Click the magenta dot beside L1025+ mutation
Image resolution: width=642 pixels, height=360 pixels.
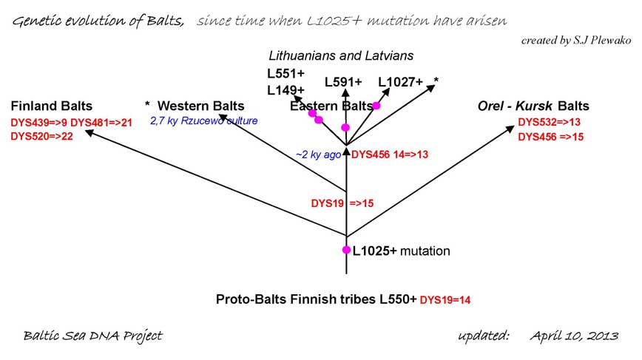(x=346, y=250)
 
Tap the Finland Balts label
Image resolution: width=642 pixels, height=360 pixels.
(x=52, y=106)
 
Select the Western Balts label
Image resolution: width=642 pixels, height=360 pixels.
(x=201, y=106)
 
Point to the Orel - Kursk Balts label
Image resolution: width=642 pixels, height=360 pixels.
(x=533, y=106)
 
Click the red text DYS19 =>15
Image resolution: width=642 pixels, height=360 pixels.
(x=342, y=203)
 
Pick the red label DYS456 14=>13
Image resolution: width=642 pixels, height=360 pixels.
(x=390, y=154)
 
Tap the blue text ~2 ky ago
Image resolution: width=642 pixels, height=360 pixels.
(x=319, y=154)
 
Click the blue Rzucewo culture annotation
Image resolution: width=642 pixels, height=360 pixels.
(x=204, y=120)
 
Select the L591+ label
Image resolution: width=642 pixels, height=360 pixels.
(x=343, y=82)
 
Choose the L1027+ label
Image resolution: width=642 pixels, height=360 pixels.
(x=400, y=82)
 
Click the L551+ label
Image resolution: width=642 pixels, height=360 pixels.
(x=285, y=74)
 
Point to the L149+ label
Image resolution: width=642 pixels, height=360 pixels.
(x=285, y=90)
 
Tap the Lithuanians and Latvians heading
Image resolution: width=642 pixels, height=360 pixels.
(x=341, y=55)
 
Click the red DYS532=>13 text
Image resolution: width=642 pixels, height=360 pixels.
(x=549, y=122)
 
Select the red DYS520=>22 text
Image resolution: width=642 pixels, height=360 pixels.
(x=41, y=136)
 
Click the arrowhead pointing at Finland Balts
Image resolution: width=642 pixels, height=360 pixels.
(x=89, y=132)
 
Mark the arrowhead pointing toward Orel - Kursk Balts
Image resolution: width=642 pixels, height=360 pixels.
(x=510, y=129)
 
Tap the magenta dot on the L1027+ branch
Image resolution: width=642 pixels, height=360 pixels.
(x=376, y=106)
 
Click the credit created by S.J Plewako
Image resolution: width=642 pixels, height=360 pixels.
(x=576, y=40)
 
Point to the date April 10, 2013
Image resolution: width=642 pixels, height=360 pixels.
(x=574, y=336)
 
